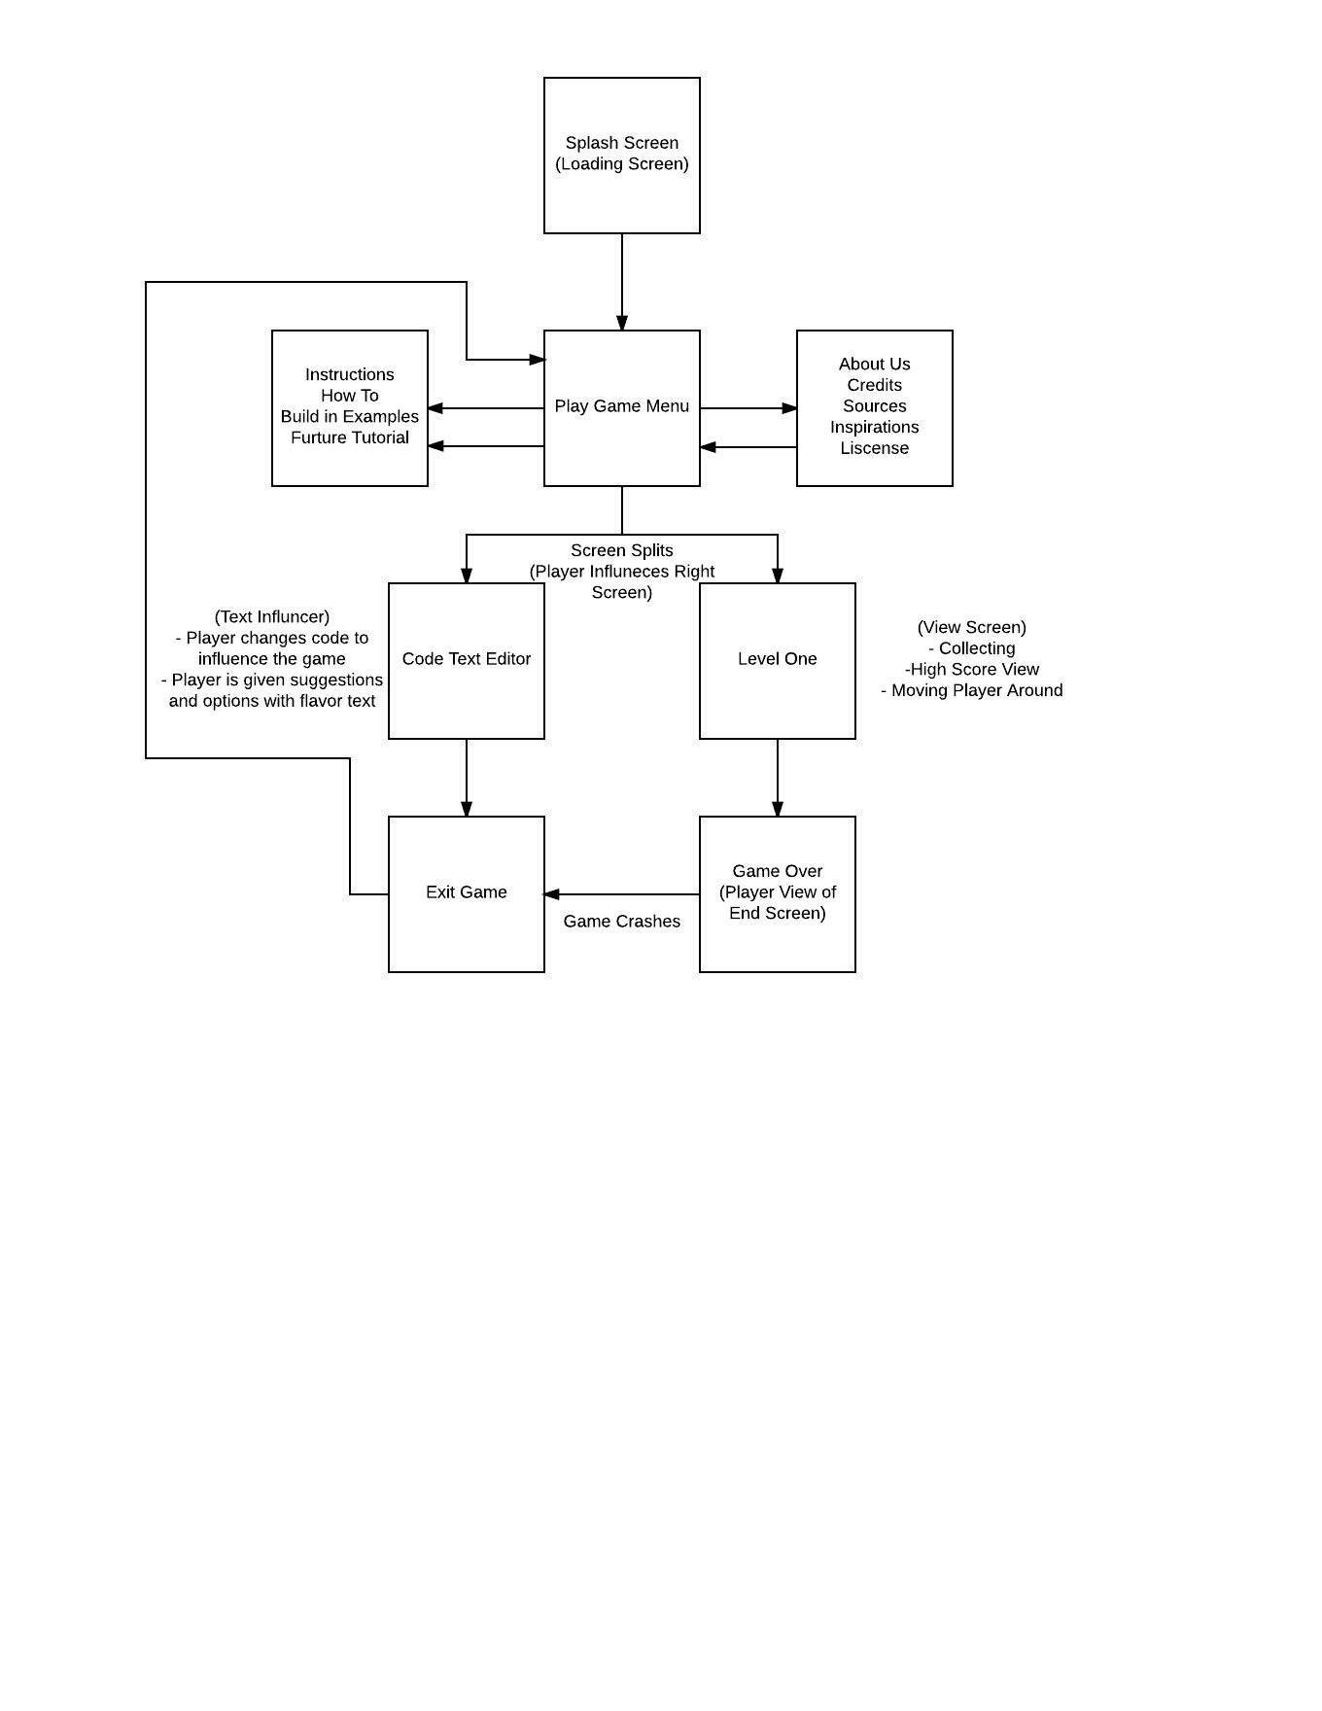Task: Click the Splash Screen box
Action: tap(622, 156)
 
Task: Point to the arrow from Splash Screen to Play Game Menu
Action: tap(622, 282)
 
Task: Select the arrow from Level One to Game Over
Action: tap(778, 778)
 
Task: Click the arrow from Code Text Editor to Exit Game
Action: tap(467, 778)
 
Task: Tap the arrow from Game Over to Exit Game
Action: tap(622, 894)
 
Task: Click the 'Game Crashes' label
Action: tap(622, 922)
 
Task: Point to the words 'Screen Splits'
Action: tap(622, 550)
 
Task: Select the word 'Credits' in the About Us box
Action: tap(875, 385)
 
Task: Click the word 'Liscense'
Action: tap(875, 448)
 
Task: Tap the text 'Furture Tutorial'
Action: tap(350, 437)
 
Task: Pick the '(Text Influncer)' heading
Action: tap(272, 617)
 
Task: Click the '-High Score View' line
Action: tap(972, 670)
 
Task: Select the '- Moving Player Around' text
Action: tap(972, 690)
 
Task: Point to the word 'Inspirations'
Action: tap(875, 427)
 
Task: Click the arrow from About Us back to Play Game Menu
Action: tap(748, 447)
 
